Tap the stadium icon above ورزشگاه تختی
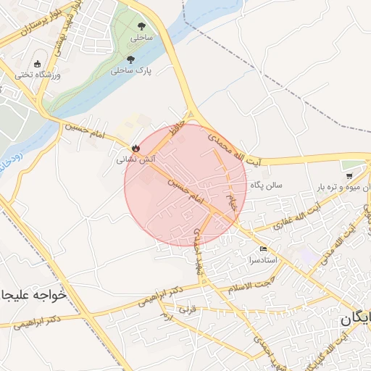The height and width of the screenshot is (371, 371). tap(38, 64)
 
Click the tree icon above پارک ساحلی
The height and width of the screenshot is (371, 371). tap(130, 60)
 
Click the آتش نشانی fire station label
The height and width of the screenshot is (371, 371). tap(134, 156)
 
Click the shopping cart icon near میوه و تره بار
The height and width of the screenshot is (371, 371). tap(349, 175)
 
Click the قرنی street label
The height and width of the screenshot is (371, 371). tap(188, 310)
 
